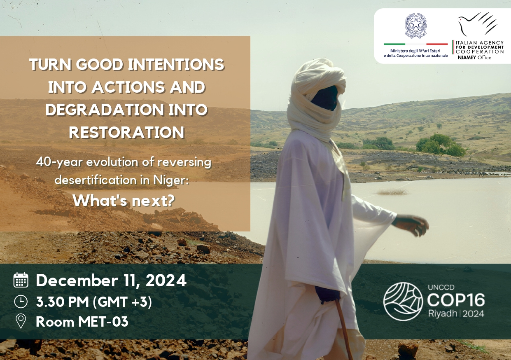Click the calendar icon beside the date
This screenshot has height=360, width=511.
(21, 280)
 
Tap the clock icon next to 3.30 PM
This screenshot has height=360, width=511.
(21, 302)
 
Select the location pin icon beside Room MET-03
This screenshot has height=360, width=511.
(21, 321)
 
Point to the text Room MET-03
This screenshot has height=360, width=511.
(82, 321)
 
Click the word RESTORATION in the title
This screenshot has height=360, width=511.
(126, 132)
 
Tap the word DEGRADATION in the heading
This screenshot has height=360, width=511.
(105, 110)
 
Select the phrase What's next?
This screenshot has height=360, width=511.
(124, 201)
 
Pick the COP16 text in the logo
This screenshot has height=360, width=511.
(456, 300)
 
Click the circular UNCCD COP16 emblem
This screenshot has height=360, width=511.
(403, 301)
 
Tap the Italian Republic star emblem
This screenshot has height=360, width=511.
(415, 26)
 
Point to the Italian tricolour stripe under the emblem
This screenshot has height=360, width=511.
(415, 44)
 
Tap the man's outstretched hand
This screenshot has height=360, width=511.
(413, 225)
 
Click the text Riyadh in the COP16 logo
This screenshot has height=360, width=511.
(442, 313)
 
